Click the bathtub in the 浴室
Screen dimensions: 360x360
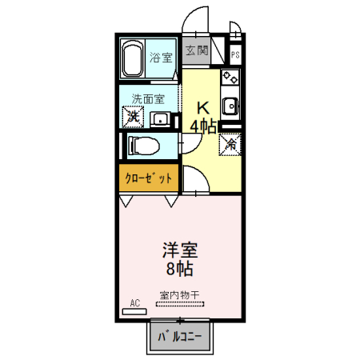tap(133, 58)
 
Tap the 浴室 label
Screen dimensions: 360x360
tap(161, 58)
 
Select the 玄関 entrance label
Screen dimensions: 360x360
tap(197, 50)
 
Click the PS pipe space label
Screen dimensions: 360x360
tap(236, 54)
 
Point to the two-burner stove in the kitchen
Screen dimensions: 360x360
tap(230, 78)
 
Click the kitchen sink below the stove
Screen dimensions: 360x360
tap(230, 105)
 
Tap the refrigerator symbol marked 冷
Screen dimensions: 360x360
tap(230, 145)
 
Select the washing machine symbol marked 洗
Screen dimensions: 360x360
tap(133, 117)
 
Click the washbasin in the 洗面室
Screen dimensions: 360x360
tap(161, 119)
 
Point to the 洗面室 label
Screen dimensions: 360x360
tap(148, 99)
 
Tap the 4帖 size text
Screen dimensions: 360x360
tap(203, 126)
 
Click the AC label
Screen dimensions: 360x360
tap(134, 302)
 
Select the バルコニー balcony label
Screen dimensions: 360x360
tap(181, 338)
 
